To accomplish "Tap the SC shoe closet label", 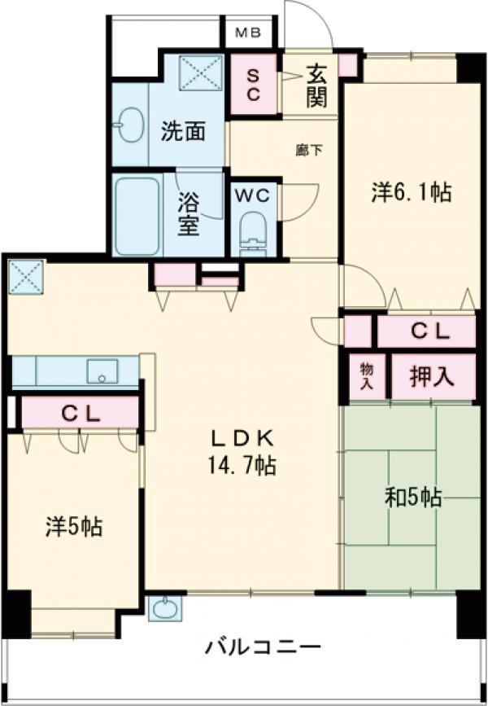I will [252, 85].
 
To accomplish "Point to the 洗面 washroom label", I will [181, 131].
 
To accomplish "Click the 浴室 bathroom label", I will [188, 214].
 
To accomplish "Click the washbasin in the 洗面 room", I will [126, 128].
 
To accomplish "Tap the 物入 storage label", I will [366, 377].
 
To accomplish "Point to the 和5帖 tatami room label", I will [413, 496].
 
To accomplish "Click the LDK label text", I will [241, 438].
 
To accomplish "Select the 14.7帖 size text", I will [241, 466].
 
